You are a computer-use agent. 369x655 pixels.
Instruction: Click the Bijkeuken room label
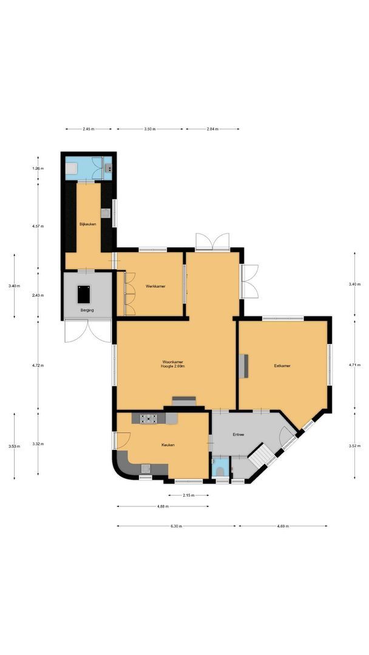coord(88,224)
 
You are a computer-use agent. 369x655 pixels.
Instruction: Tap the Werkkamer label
coord(155,286)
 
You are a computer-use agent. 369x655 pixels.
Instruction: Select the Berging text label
coord(87,310)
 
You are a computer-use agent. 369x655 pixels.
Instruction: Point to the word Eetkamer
coord(282,366)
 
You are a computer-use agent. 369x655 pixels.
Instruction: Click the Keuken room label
coord(168,445)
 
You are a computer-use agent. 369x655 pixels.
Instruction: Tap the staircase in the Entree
coord(262,454)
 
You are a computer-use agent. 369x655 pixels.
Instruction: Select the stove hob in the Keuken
coord(149,418)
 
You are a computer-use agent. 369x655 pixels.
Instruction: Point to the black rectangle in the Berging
coord(83,294)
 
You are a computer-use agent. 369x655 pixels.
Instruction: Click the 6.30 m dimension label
coord(176,526)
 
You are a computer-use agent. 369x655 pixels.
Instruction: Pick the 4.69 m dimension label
coord(284,526)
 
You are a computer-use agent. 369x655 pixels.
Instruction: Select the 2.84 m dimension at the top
coord(212,129)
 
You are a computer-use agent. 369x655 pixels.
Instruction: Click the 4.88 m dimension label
coord(162,506)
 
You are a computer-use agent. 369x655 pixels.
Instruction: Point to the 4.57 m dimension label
coord(39,226)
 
